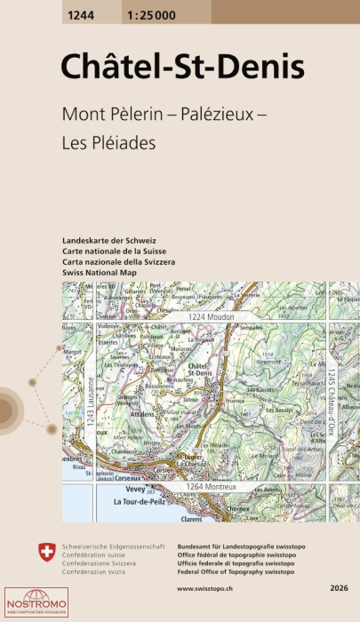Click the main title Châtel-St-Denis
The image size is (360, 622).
182,67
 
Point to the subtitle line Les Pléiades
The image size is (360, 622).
109,141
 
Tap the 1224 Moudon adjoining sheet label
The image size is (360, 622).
212,317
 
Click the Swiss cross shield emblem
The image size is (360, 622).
48,553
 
